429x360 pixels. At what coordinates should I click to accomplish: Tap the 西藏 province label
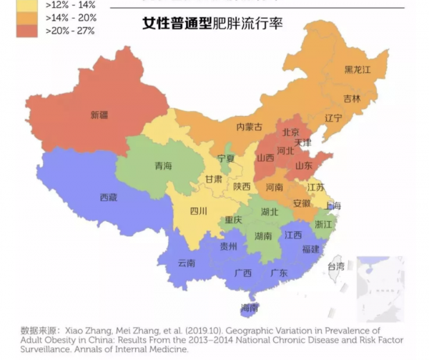coord(108,197)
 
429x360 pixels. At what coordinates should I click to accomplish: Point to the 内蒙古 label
coord(249,127)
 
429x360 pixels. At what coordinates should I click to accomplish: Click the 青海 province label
coord(163,166)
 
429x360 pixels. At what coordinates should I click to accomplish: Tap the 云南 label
coord(186,263)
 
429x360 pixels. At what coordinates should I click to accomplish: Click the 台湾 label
coord(335,266)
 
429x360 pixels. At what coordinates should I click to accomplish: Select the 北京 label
coord(290,132)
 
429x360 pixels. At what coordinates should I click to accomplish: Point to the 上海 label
coord(333,205)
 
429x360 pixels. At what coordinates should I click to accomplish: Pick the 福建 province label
coord(310,249)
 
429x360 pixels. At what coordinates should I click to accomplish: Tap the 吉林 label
coord(352,98)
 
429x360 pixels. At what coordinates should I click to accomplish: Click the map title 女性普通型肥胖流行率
coord(212,24)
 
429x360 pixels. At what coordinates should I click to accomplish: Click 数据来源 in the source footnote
coord(34,331)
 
